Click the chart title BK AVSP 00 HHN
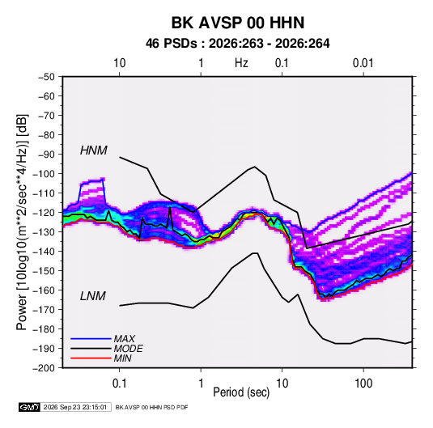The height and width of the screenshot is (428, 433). [x=238, y=23]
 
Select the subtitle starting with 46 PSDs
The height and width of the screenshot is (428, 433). [x=237, y=44]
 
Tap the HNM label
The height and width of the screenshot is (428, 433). [x=94, y=150]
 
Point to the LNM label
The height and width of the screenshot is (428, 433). [x=93, y=296]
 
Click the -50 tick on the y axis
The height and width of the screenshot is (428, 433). [x=46, y=77]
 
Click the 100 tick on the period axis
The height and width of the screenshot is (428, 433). [x=363, y=384]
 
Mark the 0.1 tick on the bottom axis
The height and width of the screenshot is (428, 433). [x=119, y=384]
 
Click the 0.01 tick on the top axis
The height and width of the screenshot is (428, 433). [x=363, y=63]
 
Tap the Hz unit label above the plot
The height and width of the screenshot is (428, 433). [x=241, y=63]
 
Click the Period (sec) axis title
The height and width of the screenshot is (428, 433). [x=241, y=392]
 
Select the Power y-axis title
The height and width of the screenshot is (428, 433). [x=22, y=222]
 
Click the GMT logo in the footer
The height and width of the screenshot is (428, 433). [x=30, y=407]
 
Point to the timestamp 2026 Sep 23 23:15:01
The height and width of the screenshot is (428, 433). [x=75, y=407]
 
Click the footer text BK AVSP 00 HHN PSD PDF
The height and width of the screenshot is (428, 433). [x=151, y=407]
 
